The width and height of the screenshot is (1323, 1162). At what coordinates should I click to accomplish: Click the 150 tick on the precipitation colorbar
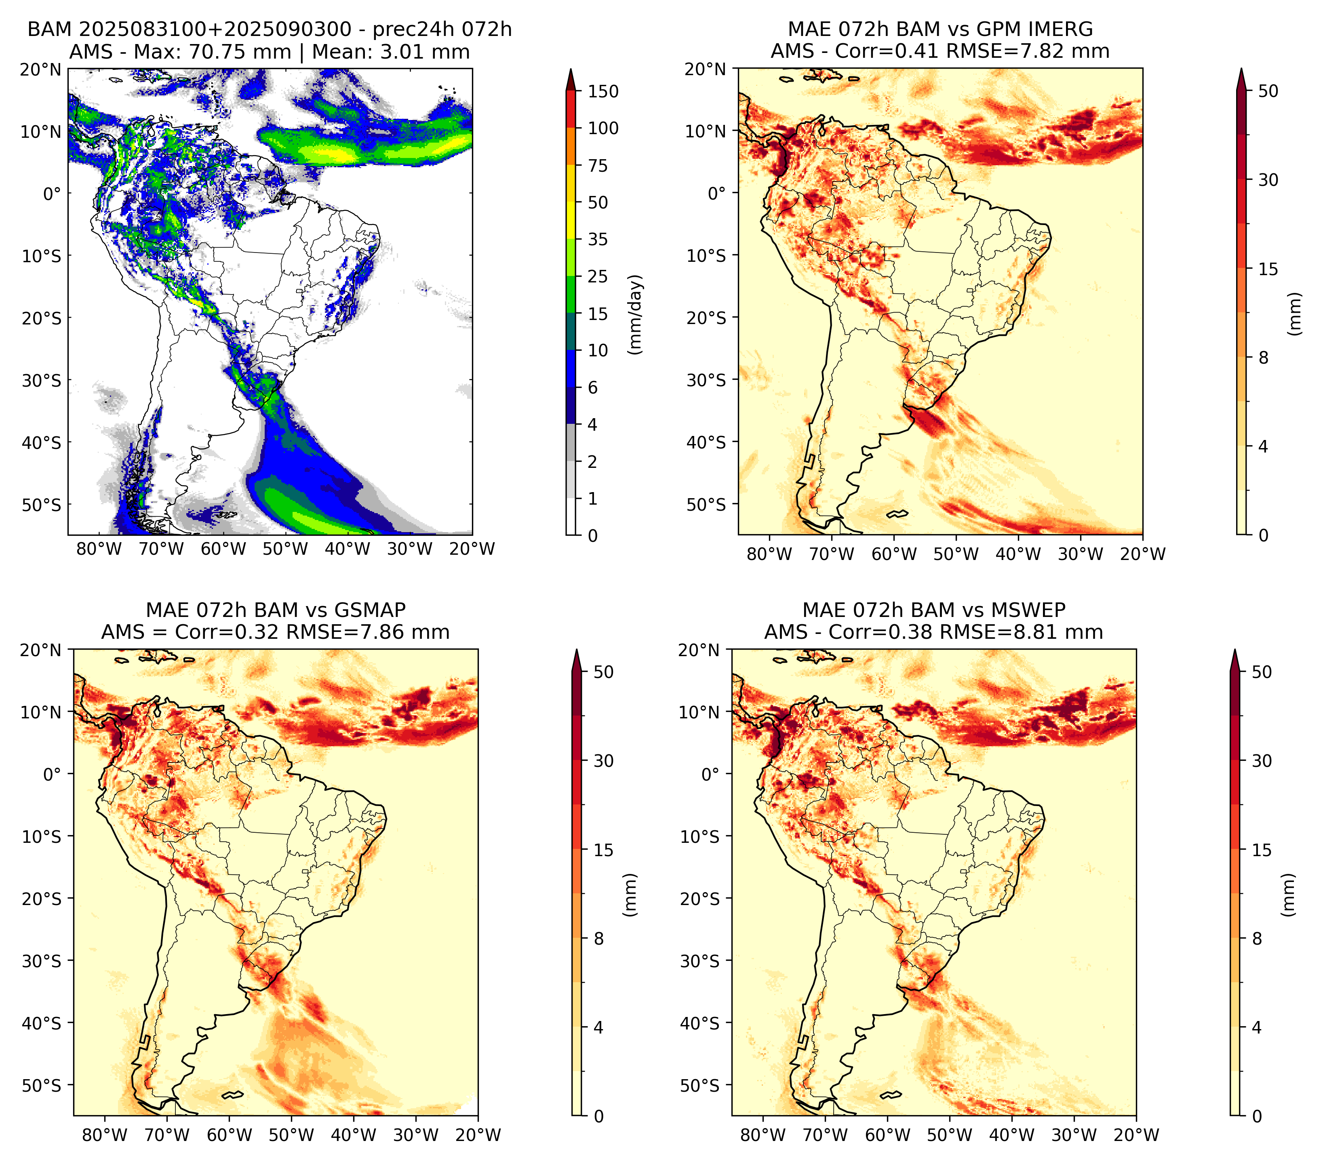603,91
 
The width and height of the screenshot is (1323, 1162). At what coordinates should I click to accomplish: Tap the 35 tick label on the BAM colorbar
597,239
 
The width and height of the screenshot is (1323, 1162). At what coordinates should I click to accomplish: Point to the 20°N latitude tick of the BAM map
41,69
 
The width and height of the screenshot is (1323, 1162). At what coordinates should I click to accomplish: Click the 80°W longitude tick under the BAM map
99,549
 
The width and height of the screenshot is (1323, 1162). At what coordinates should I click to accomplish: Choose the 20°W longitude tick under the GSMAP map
478,1135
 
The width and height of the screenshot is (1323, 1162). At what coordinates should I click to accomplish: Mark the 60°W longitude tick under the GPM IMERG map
894,554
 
